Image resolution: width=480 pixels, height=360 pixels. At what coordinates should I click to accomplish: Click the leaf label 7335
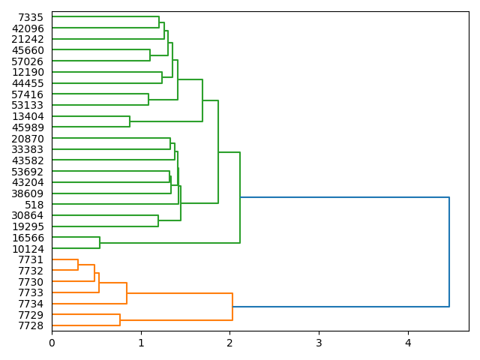[31, 17]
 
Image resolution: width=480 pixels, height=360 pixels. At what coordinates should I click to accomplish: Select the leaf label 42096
[28, 28]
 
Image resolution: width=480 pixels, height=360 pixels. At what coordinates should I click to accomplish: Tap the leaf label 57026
[28, 61]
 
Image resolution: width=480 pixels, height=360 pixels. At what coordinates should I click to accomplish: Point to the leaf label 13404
[28, 116]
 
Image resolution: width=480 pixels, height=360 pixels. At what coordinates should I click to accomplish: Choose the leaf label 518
[34, 205]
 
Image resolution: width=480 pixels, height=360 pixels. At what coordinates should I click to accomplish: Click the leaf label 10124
[28, 249]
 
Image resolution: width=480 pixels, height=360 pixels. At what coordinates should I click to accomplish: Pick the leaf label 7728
[31, 326]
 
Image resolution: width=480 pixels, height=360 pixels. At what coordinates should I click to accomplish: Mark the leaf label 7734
[31, 304]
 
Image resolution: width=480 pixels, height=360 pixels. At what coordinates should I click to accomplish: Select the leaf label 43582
[28, 160]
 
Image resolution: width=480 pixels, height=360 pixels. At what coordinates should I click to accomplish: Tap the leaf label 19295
[28, 226]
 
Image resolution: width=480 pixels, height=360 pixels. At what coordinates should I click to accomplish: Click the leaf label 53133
[28, 105]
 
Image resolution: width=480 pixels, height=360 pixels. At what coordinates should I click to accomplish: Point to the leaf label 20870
[28, 139]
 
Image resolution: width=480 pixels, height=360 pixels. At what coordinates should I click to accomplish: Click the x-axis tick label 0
[52, 343]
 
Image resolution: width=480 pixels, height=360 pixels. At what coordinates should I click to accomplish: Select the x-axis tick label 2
[229, 343]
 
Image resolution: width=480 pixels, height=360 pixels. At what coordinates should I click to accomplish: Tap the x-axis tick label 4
[408, 343]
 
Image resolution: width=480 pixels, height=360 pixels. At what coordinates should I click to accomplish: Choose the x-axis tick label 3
[319, 343]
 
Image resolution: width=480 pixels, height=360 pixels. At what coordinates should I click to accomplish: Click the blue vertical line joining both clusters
[449, 252]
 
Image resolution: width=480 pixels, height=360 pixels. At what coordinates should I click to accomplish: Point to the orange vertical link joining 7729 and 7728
[120, 320]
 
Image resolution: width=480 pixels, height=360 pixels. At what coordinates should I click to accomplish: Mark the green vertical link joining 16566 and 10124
[100, 243]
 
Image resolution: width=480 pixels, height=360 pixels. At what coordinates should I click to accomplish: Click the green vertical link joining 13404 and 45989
[130, 121]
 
